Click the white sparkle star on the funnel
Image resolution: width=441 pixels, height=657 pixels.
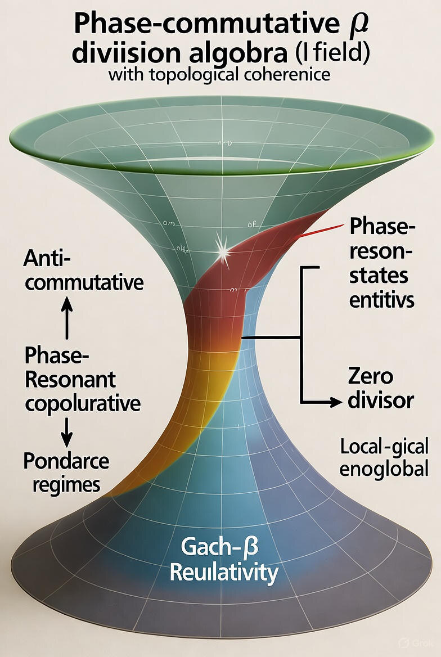[223, 251]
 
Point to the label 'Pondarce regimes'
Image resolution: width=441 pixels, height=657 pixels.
[66, 471]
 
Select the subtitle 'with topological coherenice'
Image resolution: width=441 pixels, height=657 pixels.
[219, 74]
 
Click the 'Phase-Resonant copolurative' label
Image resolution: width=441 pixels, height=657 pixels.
[82, 379]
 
